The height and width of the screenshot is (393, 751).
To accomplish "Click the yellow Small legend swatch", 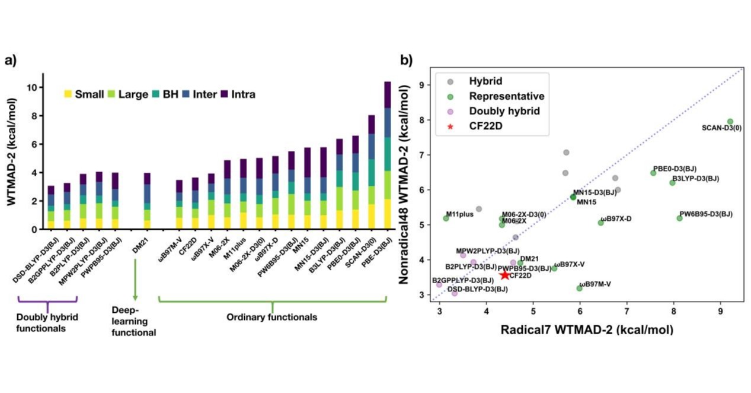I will point(68,94).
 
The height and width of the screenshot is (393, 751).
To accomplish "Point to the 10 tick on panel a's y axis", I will point(34,87).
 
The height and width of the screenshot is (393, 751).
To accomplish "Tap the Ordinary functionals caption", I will point(272,317).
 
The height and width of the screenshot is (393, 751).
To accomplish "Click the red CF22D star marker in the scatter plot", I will point(504,275).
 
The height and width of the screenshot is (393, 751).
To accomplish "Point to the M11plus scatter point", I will point(446,218).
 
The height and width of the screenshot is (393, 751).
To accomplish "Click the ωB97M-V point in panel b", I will point(579,288).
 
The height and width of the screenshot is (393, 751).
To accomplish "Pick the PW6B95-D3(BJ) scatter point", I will point(679,218).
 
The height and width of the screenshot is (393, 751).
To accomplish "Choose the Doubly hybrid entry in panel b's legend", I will point(499,111).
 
